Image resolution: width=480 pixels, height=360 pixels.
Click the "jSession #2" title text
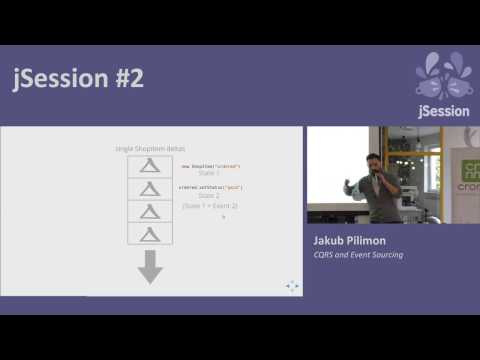[78, 79]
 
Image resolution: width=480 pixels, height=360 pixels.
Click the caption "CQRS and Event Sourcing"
[359, 256]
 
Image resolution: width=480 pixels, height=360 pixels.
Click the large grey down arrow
[150, 266]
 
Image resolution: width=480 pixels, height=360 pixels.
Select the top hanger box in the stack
[150, 166]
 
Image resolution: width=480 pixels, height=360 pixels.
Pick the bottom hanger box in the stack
[150, 233]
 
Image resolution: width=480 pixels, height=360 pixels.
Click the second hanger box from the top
[150, 188]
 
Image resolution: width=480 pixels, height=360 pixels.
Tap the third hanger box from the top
[150, 211]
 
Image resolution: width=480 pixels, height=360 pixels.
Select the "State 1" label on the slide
[209, 174]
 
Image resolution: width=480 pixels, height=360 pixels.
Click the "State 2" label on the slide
[209, 196]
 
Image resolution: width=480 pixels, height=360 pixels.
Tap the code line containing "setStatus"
[210, 187]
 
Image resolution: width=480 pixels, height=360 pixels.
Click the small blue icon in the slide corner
[292, 286]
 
